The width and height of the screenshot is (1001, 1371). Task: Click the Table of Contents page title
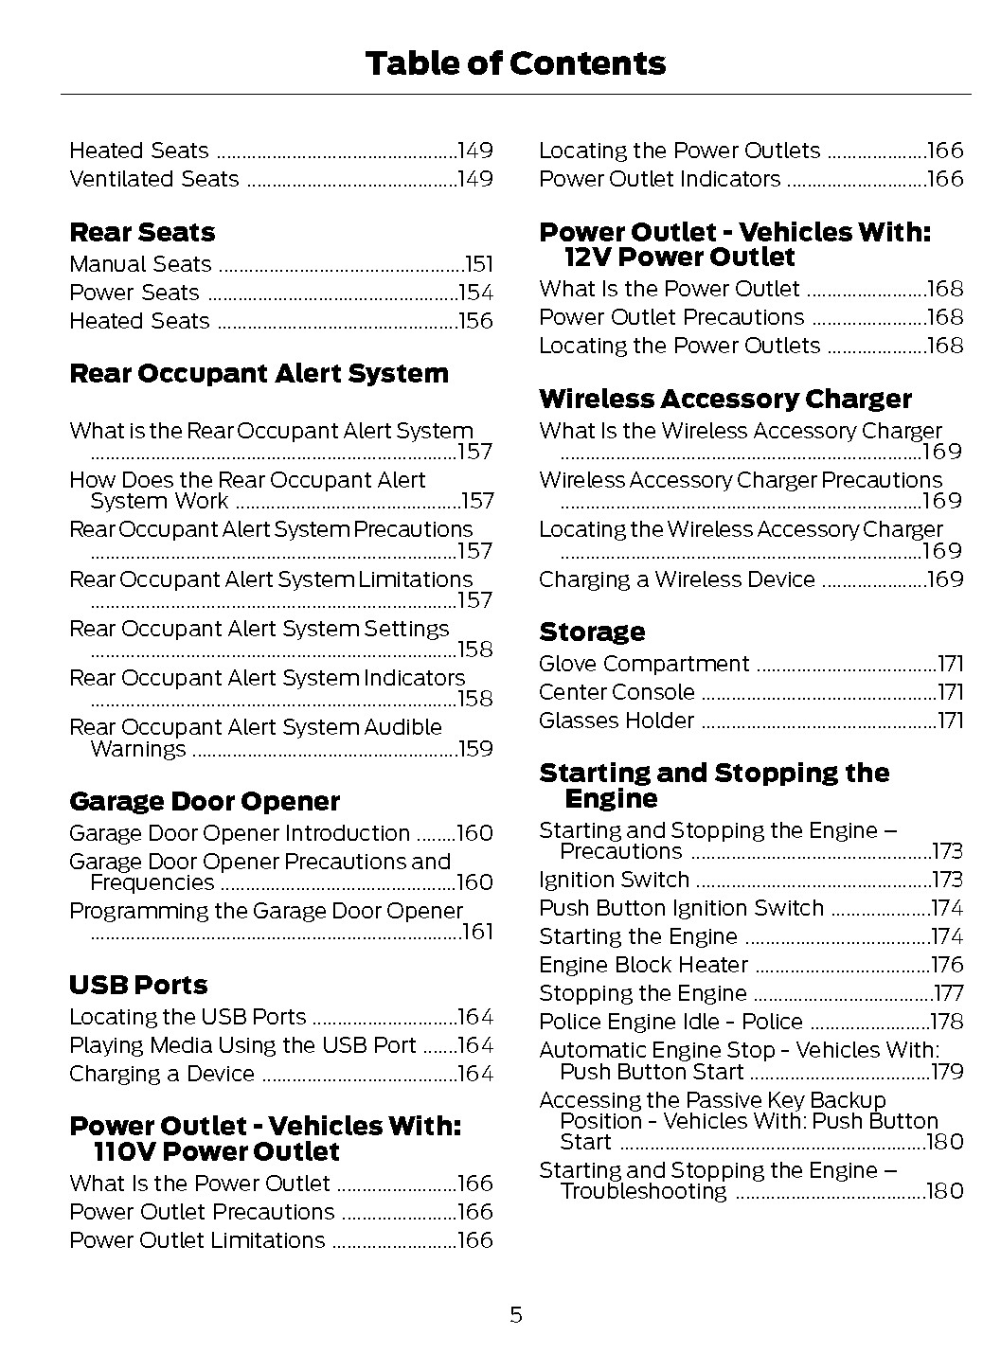(514, 63)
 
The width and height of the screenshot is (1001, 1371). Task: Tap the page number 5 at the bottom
(515, 1314)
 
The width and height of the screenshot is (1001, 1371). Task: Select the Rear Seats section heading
(142, 232)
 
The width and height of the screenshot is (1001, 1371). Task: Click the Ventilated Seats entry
(154, 179)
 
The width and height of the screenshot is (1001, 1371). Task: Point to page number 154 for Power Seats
(475, 294)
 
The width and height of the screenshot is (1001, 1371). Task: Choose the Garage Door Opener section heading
(204, 801)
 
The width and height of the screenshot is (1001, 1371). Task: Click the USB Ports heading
(138, 985)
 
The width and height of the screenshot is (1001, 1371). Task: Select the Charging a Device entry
(162, 1074)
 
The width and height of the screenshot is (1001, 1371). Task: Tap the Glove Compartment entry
(644, 664)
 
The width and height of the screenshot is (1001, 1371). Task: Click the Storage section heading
(592, 632)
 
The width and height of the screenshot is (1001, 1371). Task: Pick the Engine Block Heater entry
(643, 965)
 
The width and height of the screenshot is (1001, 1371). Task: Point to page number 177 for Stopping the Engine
(947, 994)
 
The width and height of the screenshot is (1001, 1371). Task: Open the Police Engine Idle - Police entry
(670, 1022)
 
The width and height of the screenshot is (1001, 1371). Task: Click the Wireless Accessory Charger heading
(724, 399)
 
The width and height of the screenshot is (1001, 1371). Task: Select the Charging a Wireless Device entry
(676, 579)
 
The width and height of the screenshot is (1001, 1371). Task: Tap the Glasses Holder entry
(617, 721)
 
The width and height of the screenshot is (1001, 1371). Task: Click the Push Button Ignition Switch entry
(681, 908)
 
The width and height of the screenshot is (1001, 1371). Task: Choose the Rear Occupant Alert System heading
(259, 373)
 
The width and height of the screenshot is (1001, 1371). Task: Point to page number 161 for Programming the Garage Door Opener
(477, 933)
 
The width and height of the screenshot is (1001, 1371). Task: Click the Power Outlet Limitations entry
(197, 1240)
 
